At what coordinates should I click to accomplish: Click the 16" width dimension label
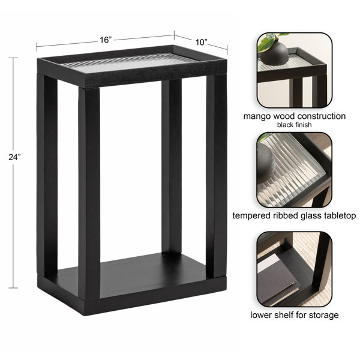[106, 40]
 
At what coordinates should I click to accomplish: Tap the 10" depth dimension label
[202, 42]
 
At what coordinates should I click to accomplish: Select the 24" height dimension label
[14, 157]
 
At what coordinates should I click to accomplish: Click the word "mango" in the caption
[256, 116]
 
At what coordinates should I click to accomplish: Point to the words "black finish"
[295, 125]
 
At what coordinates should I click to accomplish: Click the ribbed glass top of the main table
[128, 62]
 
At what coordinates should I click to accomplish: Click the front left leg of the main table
[89, 193]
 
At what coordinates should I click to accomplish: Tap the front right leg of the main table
[216, 176]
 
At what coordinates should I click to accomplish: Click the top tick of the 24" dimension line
[14, 58]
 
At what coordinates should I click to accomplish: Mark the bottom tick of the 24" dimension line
[14, 287]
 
